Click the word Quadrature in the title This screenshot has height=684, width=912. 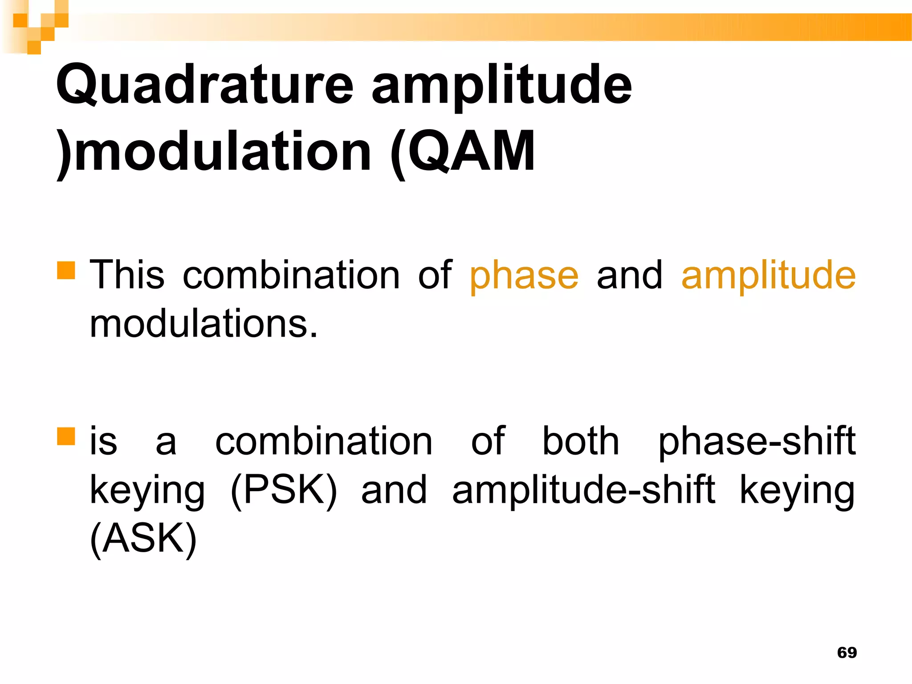tap(205, 85)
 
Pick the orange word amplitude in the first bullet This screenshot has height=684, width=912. tap(768, 275)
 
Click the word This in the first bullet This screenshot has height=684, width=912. tap(127, 275)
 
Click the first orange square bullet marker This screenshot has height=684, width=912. tap(66, 270)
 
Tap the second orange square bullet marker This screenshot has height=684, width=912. tap(66, 436)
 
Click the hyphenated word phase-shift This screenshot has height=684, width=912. tap(757, 442)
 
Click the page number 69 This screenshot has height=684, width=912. tap(847, 652)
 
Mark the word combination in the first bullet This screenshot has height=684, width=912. tap(291, 275)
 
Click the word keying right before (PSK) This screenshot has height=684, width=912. tap(147, 491)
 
